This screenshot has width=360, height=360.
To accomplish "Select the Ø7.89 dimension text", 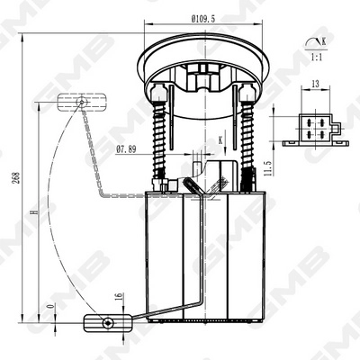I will (127, 149).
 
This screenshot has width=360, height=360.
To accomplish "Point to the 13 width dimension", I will (315, 85).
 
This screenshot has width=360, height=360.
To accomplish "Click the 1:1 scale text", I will (315, 57).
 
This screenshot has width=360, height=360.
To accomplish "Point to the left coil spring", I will (163, 136).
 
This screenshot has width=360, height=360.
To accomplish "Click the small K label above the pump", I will (218, 139).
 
